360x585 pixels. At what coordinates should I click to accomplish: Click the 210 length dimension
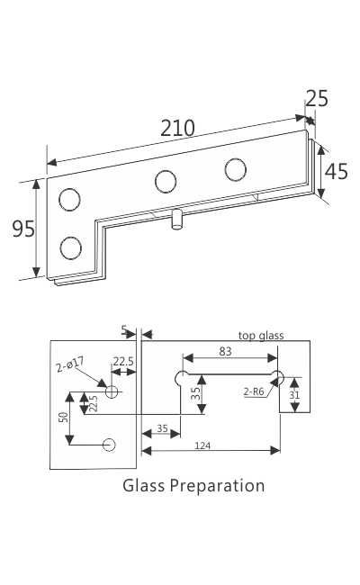click(177, 128)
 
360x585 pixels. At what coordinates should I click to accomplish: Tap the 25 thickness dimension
click(316, 98)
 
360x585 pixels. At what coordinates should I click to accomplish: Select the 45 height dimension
click(336, 171)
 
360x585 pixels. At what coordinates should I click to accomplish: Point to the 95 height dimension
click(23, 229)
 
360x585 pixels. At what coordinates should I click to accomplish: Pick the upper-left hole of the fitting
click(69, 199)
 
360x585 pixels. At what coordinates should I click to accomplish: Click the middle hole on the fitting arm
click(166, 181)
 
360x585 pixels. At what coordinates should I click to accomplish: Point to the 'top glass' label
click(261, 336)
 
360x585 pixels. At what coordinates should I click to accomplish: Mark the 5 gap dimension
click(124, 330)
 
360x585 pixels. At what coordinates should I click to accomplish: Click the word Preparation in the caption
click(217, 486)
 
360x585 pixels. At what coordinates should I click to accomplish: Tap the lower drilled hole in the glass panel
click(110, 445)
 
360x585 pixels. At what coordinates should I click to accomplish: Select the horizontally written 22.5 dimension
click(122, 362)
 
